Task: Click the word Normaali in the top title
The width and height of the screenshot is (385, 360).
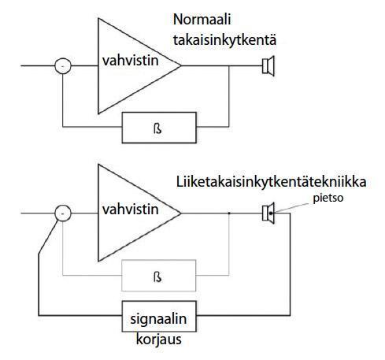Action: coord(202,20)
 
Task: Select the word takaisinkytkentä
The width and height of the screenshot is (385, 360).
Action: coord(224,41)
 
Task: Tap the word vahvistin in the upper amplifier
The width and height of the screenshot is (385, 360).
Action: coord(131,61)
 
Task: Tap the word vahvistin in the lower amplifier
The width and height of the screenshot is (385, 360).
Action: coord(131,210)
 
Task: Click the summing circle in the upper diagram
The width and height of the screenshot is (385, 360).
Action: coord(63,65)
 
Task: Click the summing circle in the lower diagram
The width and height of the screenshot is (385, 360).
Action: coord(63,213)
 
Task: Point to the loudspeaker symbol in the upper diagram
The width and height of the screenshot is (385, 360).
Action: coord(268,66)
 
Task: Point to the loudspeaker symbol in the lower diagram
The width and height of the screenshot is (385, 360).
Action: coord(268,213)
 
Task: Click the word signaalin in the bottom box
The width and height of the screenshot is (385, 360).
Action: coord(158,319)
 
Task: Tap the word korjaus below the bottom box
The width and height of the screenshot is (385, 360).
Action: coord(159,339)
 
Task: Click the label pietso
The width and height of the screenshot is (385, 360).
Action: coord(328,199)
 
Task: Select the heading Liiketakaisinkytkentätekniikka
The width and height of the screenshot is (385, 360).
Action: coord(271,182)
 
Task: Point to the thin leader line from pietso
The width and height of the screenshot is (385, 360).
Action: coord(292,207)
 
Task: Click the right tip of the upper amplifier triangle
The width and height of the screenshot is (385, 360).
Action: coord(181,65)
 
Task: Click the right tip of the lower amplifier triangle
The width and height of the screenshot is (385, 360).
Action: coord(181,213)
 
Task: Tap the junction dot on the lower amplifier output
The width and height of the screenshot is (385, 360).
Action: coord(229,213)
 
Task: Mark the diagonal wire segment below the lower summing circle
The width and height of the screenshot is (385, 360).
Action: coord(48,237)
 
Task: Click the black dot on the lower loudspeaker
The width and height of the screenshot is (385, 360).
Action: coord(271,213)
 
